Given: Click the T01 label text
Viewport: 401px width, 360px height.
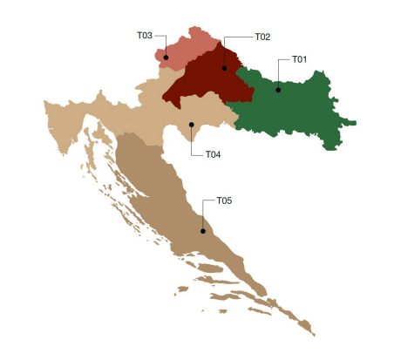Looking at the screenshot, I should [x=299, y=60].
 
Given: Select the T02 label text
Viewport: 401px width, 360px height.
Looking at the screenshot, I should [x=262, y=37].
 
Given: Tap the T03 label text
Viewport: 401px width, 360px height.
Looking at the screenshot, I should [x=145, y=36].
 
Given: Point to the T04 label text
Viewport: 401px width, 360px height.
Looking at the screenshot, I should [x=213, y=154].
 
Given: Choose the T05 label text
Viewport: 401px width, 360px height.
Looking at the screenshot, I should [x=224, y=200].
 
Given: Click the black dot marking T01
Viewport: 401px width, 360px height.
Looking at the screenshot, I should [x=278, y=89].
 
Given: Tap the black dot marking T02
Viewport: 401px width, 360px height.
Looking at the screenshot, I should [x=224, y=67].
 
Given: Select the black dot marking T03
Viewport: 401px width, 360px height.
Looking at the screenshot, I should [x=166, y=58].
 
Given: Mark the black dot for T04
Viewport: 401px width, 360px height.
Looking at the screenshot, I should [x=191, y=125].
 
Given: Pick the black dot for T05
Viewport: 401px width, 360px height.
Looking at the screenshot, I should [x=202, y=231].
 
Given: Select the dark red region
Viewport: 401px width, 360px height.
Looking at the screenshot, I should [x=200, y=83].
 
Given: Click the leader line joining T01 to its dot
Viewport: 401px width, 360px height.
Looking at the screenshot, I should [x=278, y=74].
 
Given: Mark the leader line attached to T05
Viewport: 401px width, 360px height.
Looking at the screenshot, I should [x=202, y=215].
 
